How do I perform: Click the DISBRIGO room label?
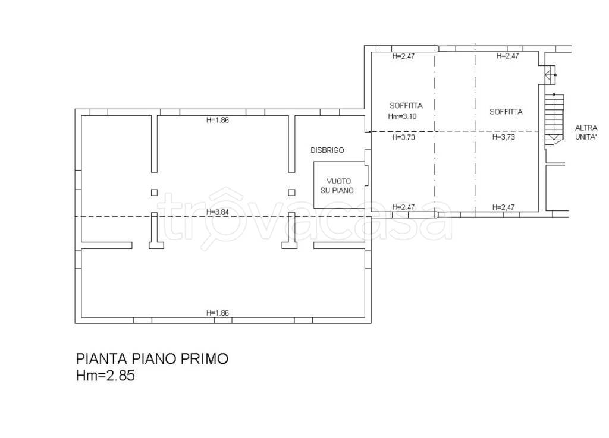327,150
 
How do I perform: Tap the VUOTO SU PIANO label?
337,186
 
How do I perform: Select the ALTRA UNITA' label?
586,132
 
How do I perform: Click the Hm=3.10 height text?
402,116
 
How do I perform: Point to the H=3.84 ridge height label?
218,212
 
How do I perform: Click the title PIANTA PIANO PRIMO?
152,358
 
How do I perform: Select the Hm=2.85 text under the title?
105,376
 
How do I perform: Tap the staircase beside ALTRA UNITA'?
554,119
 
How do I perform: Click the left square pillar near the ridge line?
154,193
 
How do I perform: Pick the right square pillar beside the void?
291,193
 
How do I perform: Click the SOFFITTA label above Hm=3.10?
406,106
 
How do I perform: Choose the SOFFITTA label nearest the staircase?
506,112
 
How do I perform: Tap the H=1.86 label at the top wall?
218,120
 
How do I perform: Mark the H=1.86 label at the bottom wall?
218,313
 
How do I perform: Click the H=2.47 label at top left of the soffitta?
404,56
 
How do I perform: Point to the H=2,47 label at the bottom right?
503,207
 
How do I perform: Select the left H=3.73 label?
404,137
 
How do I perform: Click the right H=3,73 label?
503,137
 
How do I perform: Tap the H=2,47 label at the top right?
508,56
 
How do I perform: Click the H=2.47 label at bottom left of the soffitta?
404,207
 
